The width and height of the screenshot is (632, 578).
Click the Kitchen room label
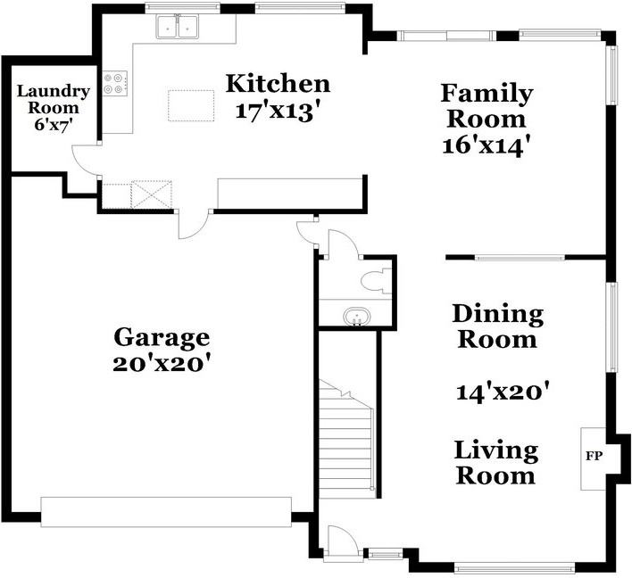pyautogui.click(x=278, y=84)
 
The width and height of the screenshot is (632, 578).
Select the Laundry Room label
pyautogui.click(x=53, y=100)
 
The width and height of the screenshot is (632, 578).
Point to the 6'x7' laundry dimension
pyautogui.click(x=54, y=125)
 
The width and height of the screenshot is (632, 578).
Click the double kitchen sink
pyautogui.click(x=178, y=27)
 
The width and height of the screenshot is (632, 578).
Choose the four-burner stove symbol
pyautogui.click(x=115, y=83)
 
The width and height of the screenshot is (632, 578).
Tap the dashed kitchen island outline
pyautogui.click(x=191, y=105)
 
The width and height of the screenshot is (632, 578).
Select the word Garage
pyautogui.click(x=162, y=337)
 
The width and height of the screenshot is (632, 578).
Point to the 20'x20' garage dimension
pyautogui.click(x=162, y=364)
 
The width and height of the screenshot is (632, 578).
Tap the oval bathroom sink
pyautogui.click(x=357, y=315)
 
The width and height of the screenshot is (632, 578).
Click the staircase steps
pyautogui.click(x=346, y=439)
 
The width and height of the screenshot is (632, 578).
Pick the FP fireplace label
pyautogui.click(x=595, y=456)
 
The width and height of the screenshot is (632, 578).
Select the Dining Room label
pyautogui.click(x=498, y=326)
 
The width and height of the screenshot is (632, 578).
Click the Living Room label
pyautogui.click(x=495, y=462)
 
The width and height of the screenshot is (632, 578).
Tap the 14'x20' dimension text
pyautogui.click(x=503, y=391)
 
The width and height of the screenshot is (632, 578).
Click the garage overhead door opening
pyautogui.click(x=166, y=512)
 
